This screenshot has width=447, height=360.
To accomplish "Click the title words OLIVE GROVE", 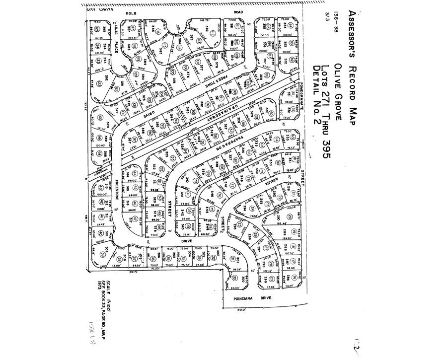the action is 337,92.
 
